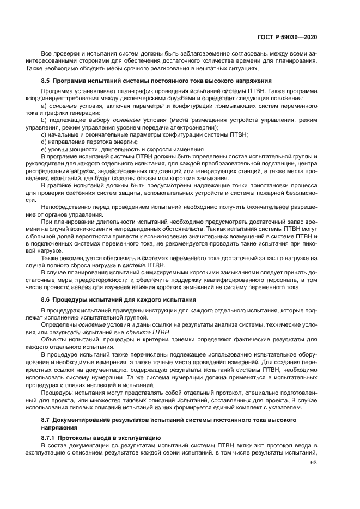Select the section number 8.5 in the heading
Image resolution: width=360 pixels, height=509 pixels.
(46, 81)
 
